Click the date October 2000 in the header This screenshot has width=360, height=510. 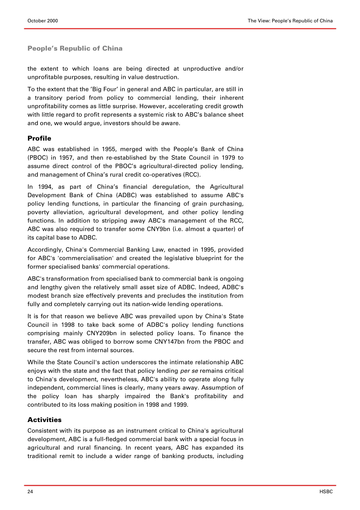pos(43,21)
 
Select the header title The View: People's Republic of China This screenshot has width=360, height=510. pos(290,21)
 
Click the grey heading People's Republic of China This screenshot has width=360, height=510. pos(75,49)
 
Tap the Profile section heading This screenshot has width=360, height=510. pos(39,138)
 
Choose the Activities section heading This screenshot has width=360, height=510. pos(44,420)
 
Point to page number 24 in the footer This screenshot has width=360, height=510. pos(30,492)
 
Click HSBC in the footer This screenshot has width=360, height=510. pos(326,492)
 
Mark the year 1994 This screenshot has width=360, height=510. pos(45,187)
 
